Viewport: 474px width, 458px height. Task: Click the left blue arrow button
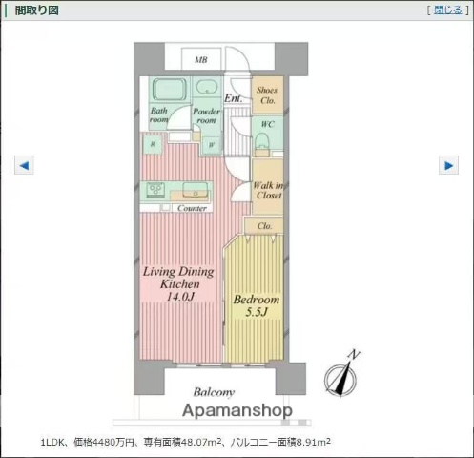(25, 165)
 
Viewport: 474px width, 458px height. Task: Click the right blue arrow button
(448, 165)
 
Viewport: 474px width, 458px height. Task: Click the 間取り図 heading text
(34, 10)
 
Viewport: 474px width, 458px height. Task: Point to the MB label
(201, 60)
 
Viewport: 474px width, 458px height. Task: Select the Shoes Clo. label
(267, 94)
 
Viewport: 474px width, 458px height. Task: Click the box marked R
(154, 145)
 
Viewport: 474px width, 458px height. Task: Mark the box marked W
(210, 145)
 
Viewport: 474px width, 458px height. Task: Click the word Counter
(193, 207)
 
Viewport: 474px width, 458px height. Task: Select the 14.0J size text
(180, 298)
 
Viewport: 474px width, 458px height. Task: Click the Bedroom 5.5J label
(256, 305)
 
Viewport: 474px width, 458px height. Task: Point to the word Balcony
(214, 392)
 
